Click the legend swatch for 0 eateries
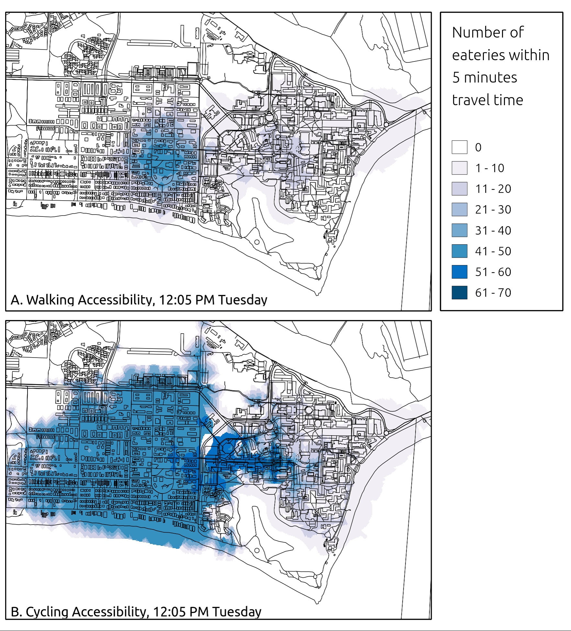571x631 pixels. click(459, 147)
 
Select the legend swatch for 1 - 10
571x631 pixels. click(459, 168)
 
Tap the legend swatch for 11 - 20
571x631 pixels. click(459, 189)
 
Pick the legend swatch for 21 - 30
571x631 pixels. click(459, 209)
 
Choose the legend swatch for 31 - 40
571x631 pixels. click(459, 230)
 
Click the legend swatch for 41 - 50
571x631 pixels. click(459, 251)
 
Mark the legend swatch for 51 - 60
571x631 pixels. click(459, 272)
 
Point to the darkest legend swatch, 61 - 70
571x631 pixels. click(459, 293)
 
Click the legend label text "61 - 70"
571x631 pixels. click(493, 293)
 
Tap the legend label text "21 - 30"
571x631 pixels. click(493, 209)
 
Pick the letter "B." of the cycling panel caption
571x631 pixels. click(16, 612)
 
